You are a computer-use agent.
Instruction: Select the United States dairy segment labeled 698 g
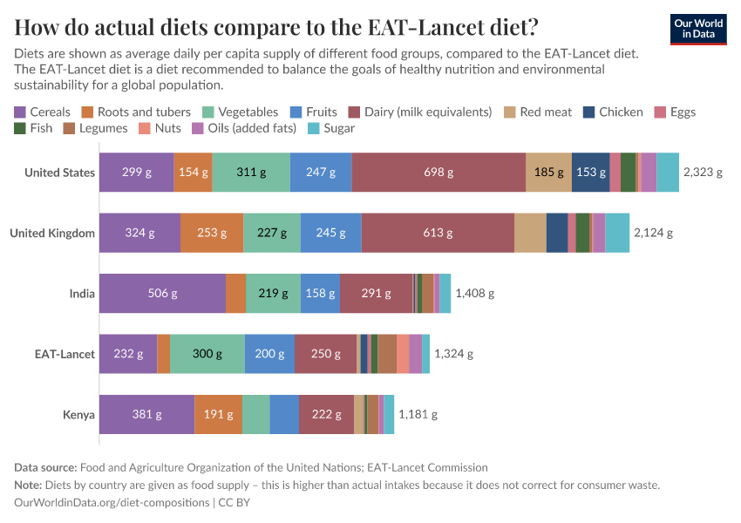click(x=438, y=173)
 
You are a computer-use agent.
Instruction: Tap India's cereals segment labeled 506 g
click(x=162, y=294)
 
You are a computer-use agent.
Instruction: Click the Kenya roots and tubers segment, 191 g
click(x=218, y=414)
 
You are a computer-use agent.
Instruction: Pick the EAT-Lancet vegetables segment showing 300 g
click(x=207, y=354)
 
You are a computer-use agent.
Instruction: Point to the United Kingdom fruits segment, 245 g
click(x=330, y=233)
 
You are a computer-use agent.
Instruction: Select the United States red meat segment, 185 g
click(x=548, y=173)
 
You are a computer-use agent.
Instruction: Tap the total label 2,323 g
click(x=703, y=173)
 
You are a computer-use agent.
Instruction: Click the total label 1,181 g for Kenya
click(x=418, y=414)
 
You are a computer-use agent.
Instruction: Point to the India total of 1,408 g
click(x=474, y=294)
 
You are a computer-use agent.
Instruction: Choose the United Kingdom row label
click(x=52, y=233)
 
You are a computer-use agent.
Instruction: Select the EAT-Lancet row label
click(x=65, y=354)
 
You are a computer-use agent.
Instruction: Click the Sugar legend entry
click(x=332, y=128)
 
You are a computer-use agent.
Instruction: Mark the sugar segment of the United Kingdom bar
click(x=617, y=233)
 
